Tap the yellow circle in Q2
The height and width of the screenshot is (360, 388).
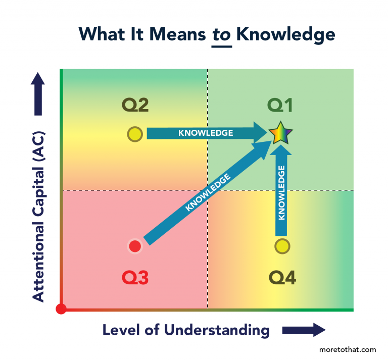point(135,134)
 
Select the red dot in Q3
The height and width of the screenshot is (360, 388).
point(135,246)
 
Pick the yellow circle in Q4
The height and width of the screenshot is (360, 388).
point(282,246)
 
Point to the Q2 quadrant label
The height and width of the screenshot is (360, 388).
point(135,106)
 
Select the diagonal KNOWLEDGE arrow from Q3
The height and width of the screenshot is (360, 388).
point(207,193)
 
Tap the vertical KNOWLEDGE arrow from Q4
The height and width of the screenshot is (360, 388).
point(282,192)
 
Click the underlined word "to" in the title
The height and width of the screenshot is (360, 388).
point(221,34)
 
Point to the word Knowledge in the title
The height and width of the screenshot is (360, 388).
point(286,34)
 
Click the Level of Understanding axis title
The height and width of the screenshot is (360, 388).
point(186,330)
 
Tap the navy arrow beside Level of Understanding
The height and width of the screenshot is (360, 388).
point(303,330)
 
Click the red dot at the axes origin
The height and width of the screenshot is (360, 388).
point(61,309)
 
